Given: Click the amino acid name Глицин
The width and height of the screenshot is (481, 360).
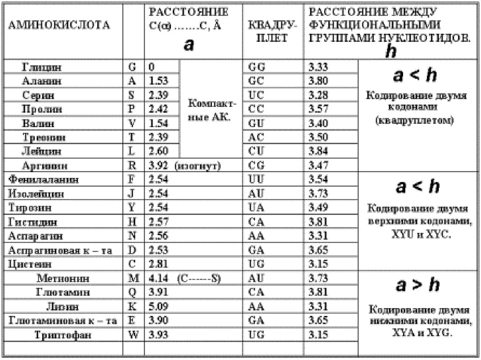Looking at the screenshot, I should [x=42, y=67].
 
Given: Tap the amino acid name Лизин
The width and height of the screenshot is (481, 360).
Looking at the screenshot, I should [x=60, y=307].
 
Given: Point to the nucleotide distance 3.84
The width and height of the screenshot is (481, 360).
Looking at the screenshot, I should [x=318, y=152].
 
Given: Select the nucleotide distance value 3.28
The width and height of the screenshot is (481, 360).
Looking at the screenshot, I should [x=318, y=95].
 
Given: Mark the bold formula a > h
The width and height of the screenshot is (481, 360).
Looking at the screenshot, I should [x=418, y=285].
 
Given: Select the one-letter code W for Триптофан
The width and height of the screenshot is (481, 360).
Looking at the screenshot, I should [x=133, y=335].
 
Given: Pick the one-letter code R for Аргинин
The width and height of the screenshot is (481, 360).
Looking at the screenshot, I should [x=132, y=166].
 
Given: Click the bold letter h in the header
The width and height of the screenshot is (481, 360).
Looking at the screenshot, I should [x=390, y=52].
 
